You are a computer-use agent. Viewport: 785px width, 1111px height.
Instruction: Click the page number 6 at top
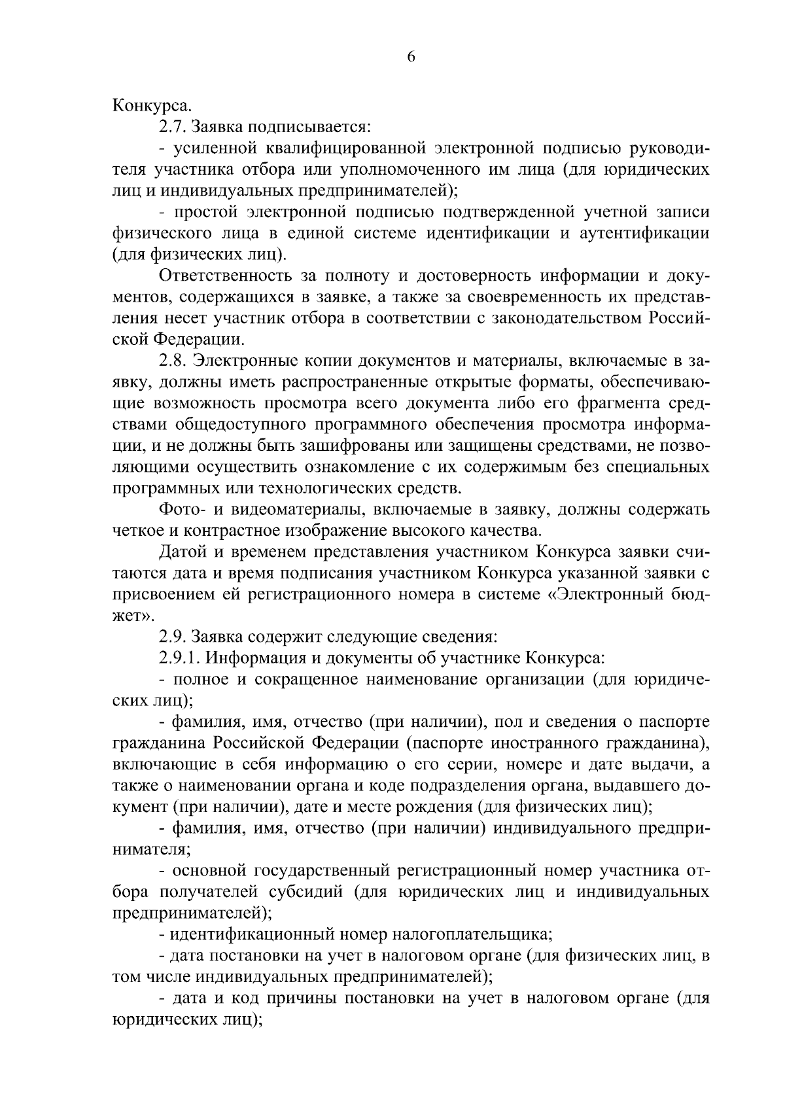[x=411, y=57]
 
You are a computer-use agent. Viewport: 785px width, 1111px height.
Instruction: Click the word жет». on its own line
[x=135, y=616]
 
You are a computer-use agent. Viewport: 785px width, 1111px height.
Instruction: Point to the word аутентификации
[x=645, y=233]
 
